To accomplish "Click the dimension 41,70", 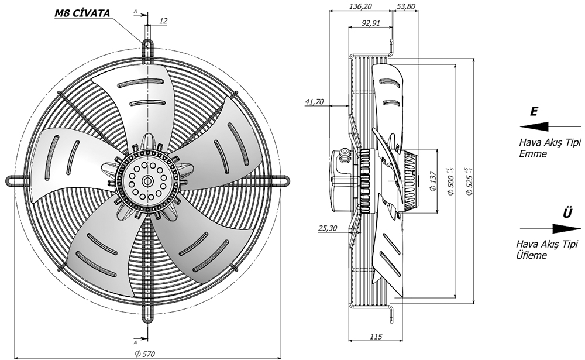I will [314, 102].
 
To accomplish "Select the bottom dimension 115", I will [377, 337].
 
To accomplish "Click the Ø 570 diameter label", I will [145, 352].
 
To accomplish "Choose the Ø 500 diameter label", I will [451, 177].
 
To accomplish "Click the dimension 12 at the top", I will [163, 21].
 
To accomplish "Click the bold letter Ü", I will [567, 214].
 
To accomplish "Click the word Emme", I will [532, 155].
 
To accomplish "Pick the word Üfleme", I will [531, 256].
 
